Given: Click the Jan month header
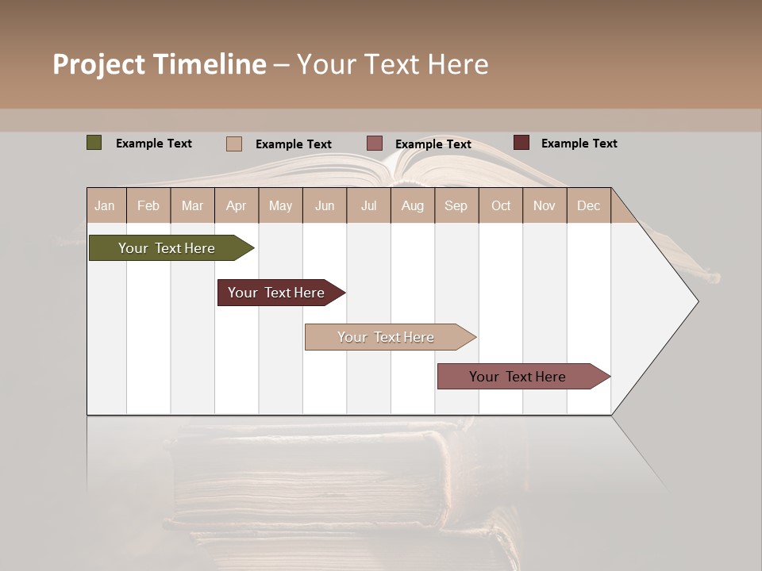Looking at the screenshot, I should (x=105, y=205).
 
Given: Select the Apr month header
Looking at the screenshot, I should (x=236, y=205).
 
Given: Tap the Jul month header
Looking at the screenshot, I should (x=368, y=205).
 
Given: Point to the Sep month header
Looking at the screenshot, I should (x=456, y=205).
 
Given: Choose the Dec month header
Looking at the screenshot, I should (x=588, y=205).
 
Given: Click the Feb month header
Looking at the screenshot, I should (x=148, y=205).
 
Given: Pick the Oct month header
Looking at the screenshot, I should (x=501, y=205).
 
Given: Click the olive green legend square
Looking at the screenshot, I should (x=94, y=143).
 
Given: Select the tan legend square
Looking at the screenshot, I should (x=234, y=144).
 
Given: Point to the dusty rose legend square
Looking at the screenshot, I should (x=375, y=144).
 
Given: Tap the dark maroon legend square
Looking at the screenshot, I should (x=521, y=143).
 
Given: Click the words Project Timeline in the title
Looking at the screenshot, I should (x=160, y=64).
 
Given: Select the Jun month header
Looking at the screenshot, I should (x=325, y=205).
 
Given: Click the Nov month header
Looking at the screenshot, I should (x=545, y=205).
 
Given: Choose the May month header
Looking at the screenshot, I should (x=280, y=205).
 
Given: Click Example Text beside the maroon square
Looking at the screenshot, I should (x=579, y=143).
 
